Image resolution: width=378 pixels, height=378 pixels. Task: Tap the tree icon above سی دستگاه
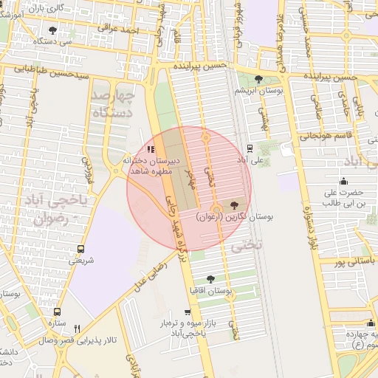tap(52, 30)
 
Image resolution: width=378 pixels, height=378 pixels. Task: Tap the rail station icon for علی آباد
tap(249, 148)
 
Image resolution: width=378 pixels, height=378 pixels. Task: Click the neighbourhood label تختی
tap(246, 246)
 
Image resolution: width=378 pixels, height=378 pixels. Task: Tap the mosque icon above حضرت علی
tap(343, 182)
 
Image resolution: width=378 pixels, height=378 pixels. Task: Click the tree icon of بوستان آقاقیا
tap(211, 279)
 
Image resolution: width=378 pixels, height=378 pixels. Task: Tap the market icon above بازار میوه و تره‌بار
tap(188, 312)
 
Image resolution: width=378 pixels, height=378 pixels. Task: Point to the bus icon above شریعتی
tap(80, 249)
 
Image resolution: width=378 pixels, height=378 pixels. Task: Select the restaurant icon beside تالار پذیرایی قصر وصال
tap(78, 329)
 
